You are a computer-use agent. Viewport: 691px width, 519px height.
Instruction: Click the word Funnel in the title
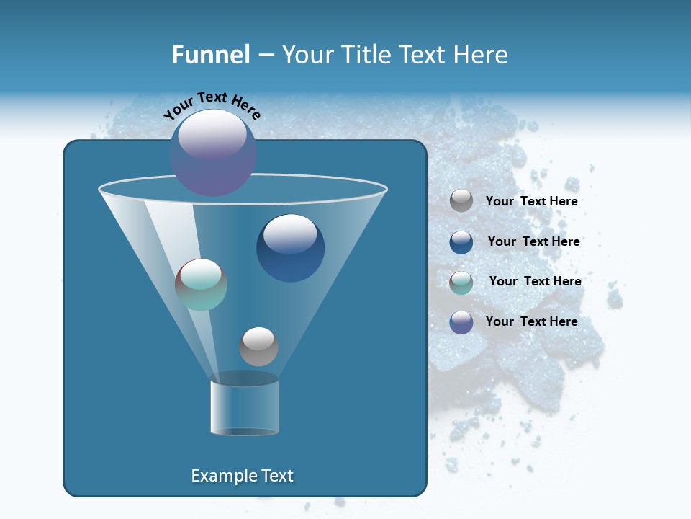210,55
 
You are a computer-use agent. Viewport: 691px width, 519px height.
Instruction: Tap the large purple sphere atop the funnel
213,153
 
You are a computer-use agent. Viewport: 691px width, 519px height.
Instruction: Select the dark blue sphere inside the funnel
290,248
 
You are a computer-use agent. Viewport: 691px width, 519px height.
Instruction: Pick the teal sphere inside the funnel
201,285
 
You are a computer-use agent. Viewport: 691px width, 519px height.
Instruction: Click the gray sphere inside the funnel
258,346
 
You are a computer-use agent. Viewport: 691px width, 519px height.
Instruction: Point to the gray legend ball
461,201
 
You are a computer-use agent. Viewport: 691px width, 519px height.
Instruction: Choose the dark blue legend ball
461,242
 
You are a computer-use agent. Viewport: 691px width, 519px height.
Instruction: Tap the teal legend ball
461,283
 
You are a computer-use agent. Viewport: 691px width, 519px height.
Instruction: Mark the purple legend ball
461,322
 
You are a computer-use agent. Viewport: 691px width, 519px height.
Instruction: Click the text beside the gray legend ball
531,201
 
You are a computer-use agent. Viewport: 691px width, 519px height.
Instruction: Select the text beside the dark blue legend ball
533,241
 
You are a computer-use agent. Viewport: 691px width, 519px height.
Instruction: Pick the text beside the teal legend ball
535,281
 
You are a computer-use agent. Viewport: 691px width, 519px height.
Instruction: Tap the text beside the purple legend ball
531,321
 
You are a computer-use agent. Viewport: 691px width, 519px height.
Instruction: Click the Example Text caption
242,476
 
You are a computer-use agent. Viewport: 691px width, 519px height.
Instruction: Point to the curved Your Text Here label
212,105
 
